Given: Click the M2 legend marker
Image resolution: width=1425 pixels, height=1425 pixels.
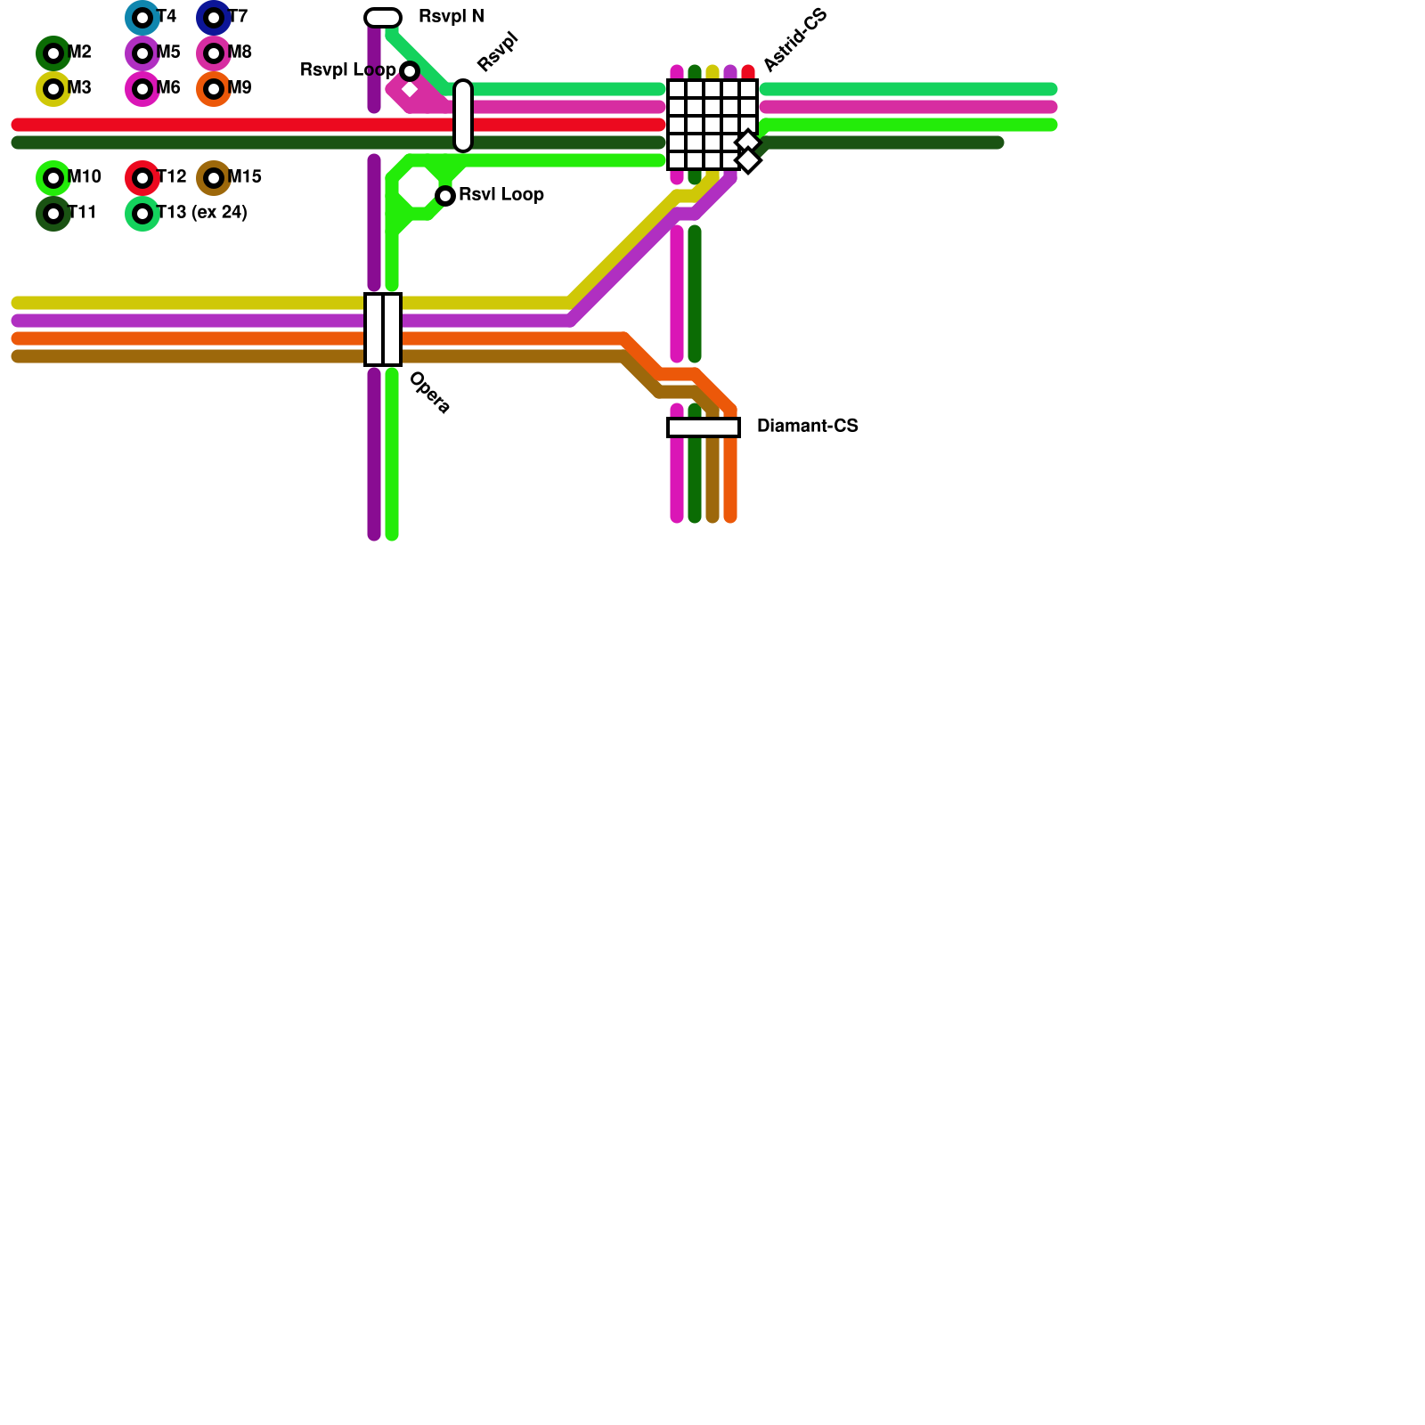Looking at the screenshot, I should tap(53, 53).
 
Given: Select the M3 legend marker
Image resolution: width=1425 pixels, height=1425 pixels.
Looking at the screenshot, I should tap(53, 89).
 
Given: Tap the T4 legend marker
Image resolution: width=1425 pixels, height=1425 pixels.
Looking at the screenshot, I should tap(142, 18).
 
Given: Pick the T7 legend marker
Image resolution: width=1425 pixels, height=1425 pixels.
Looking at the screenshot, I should tap(214, 18).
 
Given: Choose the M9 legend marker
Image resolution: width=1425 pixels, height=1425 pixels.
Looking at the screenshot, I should tap(214, 89).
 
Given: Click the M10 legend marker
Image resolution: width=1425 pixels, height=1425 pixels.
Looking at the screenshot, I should tap(53, 178).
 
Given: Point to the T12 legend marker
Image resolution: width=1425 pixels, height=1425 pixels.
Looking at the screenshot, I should tap(142, 178).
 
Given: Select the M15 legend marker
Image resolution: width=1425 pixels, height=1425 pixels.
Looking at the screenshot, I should tap(214, 178).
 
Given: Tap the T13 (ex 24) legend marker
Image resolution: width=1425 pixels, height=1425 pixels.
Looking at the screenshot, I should tap(142, 214).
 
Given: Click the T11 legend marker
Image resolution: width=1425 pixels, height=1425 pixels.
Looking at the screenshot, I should tap(53, 214).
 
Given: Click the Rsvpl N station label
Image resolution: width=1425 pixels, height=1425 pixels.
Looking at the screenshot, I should tap(451, 17).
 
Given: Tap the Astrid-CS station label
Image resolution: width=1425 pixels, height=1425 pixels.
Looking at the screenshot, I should tap(795, 40).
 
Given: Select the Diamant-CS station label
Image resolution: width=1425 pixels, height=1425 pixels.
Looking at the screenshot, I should tap(807, 427).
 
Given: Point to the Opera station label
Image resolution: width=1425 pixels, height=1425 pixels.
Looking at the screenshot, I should tap(429, 393).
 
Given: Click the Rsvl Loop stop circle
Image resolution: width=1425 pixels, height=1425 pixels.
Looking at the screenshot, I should tap(445, 196).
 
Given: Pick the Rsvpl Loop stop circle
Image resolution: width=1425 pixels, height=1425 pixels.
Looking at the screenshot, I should tap(410, 71).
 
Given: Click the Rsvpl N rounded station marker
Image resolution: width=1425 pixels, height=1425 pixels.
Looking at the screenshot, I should tap(383, 18).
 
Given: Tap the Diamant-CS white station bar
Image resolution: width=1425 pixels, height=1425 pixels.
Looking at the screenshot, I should tap(704, 427).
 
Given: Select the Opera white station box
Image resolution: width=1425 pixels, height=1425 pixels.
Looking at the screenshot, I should tap(383, 330).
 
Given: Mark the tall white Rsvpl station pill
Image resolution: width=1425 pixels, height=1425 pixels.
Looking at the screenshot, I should tap(463, 116).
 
